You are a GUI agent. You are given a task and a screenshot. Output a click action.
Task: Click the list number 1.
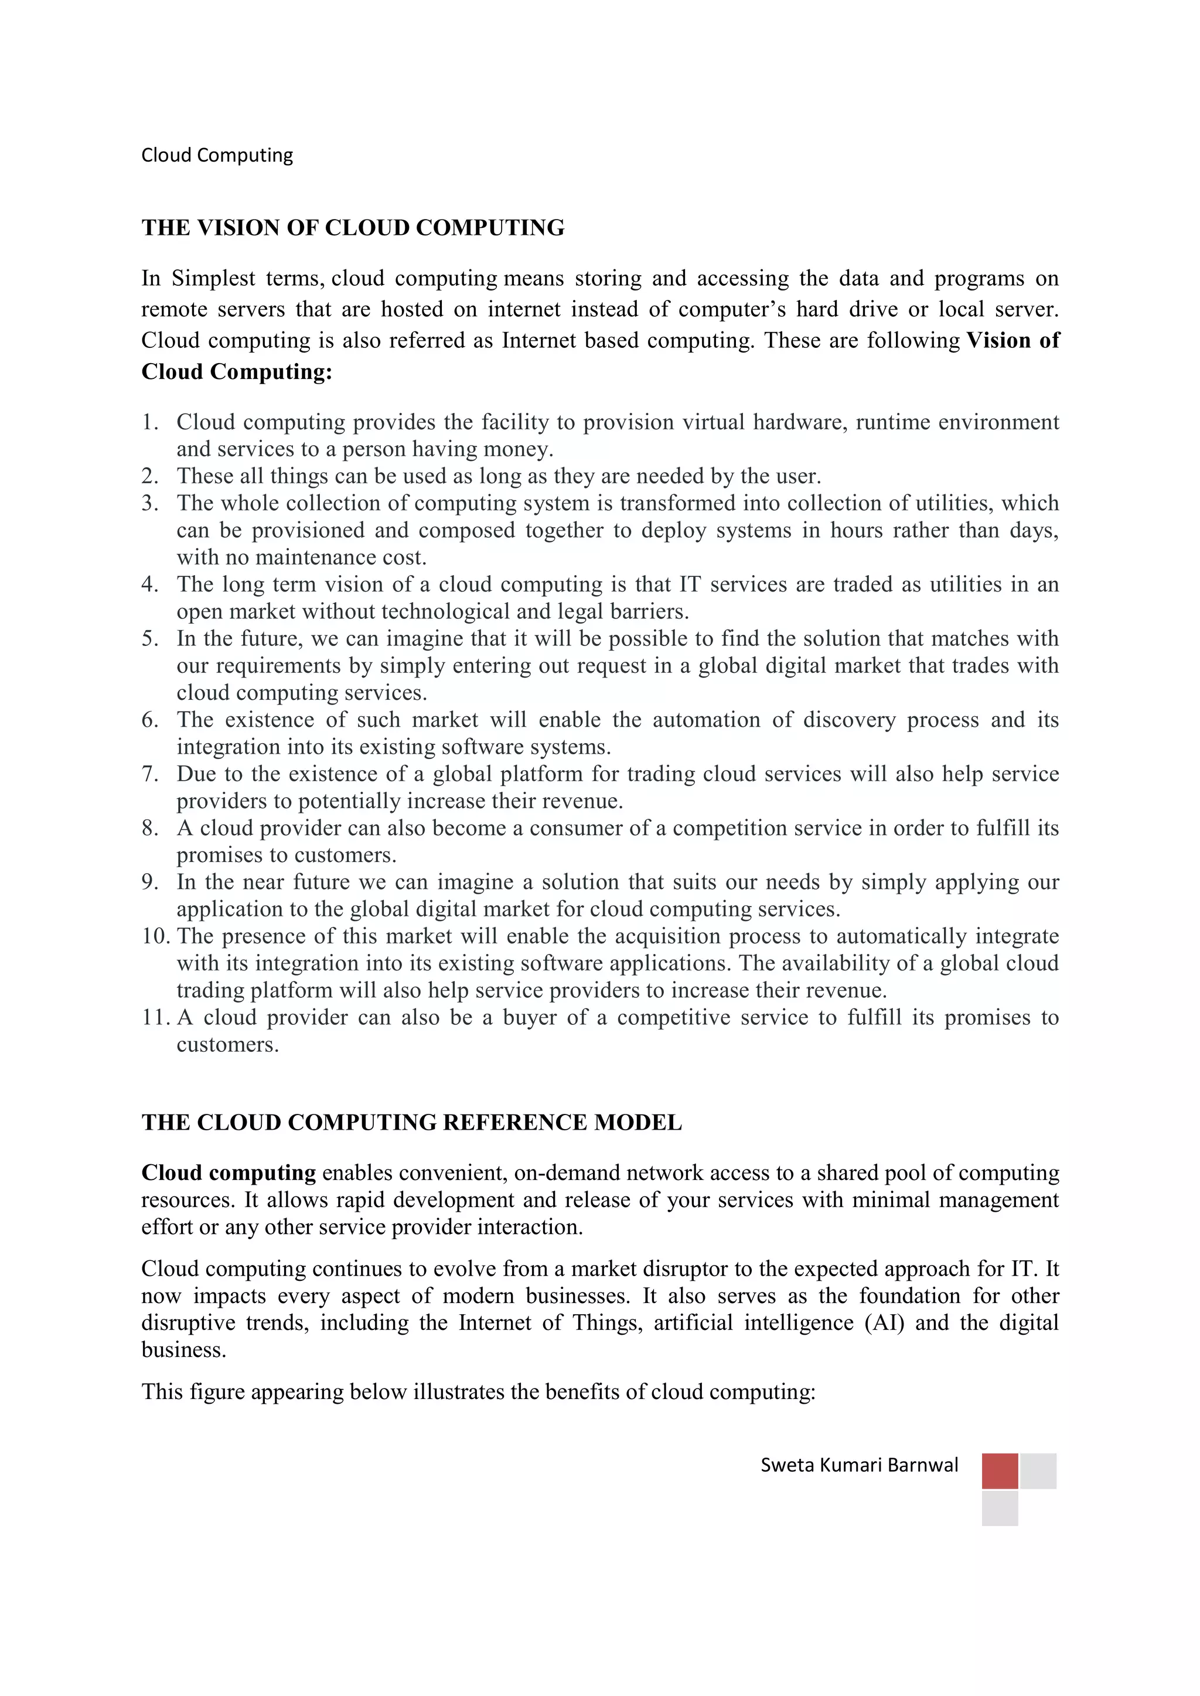[150, 422]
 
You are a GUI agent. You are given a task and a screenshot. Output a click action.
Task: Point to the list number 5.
[150, 639]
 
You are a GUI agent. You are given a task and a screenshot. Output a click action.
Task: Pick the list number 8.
[150, 828]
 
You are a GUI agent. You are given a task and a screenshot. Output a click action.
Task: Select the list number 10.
[155, 936]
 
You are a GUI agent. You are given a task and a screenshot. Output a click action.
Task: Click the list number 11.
[155, 1018]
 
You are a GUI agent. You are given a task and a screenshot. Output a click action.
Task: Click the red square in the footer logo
[999, 1471]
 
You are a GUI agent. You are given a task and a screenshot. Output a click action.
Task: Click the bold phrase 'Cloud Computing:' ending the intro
[237, 371]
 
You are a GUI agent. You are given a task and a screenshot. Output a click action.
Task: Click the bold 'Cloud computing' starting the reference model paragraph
[229, 1173]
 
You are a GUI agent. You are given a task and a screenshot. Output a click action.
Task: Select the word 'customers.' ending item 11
[227, 1045]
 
